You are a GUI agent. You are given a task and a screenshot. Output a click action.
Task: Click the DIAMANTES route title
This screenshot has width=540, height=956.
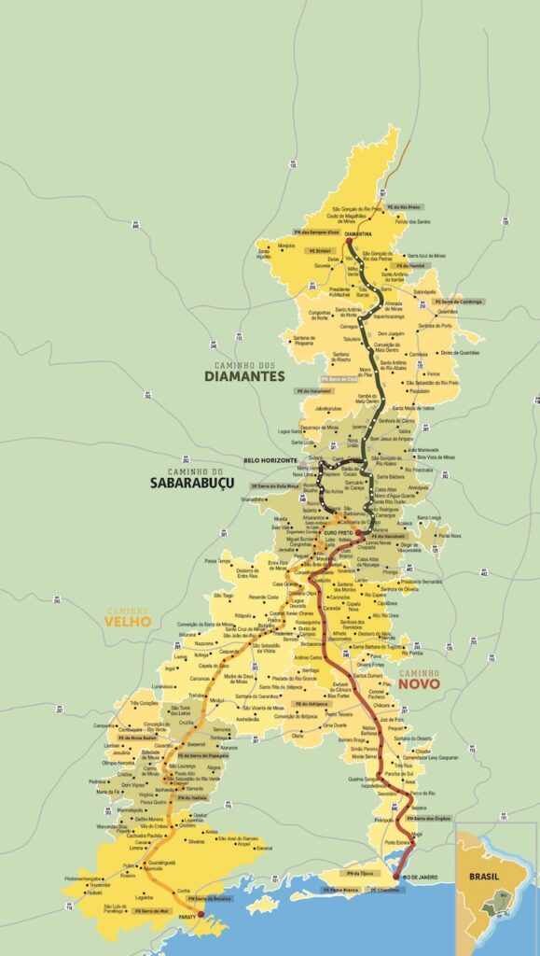coord(245,376)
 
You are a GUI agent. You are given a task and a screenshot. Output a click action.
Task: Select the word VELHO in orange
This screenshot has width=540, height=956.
coord(128,623)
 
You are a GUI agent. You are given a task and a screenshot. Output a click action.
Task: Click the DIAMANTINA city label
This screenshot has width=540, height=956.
coord(358,233)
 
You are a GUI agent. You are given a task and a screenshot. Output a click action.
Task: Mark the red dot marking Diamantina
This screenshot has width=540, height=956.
coord(347,240)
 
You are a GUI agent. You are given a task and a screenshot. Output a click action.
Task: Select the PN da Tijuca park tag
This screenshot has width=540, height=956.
coord(360,872)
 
